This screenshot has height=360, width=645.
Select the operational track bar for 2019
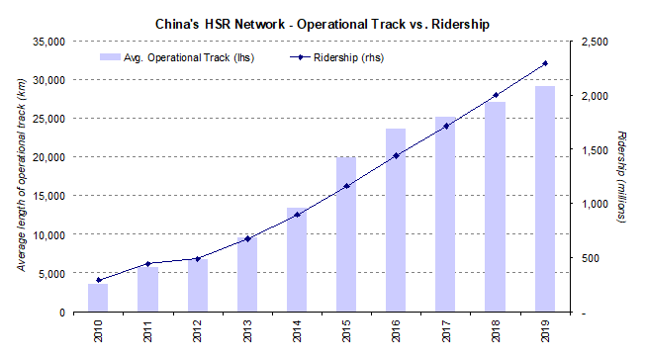click(545, 199)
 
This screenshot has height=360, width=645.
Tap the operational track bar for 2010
click(97, 298)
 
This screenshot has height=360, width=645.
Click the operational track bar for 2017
click(445, 214)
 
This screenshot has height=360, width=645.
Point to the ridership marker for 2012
click(197, 259)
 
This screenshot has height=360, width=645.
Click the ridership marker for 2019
click(545, 63)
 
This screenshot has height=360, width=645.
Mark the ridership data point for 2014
click(297, 215)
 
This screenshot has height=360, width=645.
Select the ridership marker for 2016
click(396, 155)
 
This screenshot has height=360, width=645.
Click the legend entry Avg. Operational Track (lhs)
click(184, 57)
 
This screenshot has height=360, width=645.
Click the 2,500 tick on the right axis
click(591, 42)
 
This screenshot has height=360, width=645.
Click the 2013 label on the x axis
click(246, 330)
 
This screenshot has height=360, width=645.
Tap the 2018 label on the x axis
click(496, 330)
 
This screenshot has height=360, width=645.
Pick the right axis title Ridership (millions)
click(624, 177)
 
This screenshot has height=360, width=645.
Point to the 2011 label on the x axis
click(147, 330)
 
